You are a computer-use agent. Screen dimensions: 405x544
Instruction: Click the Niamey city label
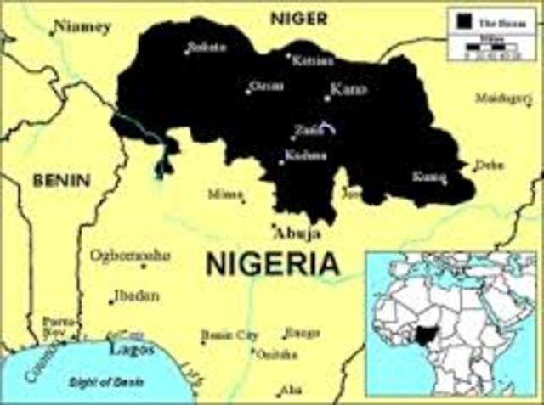coord(83,27)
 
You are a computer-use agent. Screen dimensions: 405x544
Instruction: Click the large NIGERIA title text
coord(271,264)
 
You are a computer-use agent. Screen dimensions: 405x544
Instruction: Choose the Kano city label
coord(348,89)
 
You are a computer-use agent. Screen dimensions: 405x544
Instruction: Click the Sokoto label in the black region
coord(209,46)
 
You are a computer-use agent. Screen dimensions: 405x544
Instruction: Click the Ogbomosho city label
coord(130,255)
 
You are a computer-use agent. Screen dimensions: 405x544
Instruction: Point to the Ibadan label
coord(136,295)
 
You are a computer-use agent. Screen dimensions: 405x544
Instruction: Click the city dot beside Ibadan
coord(111,301)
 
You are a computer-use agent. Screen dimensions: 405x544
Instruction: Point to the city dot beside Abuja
coord(273,227)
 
